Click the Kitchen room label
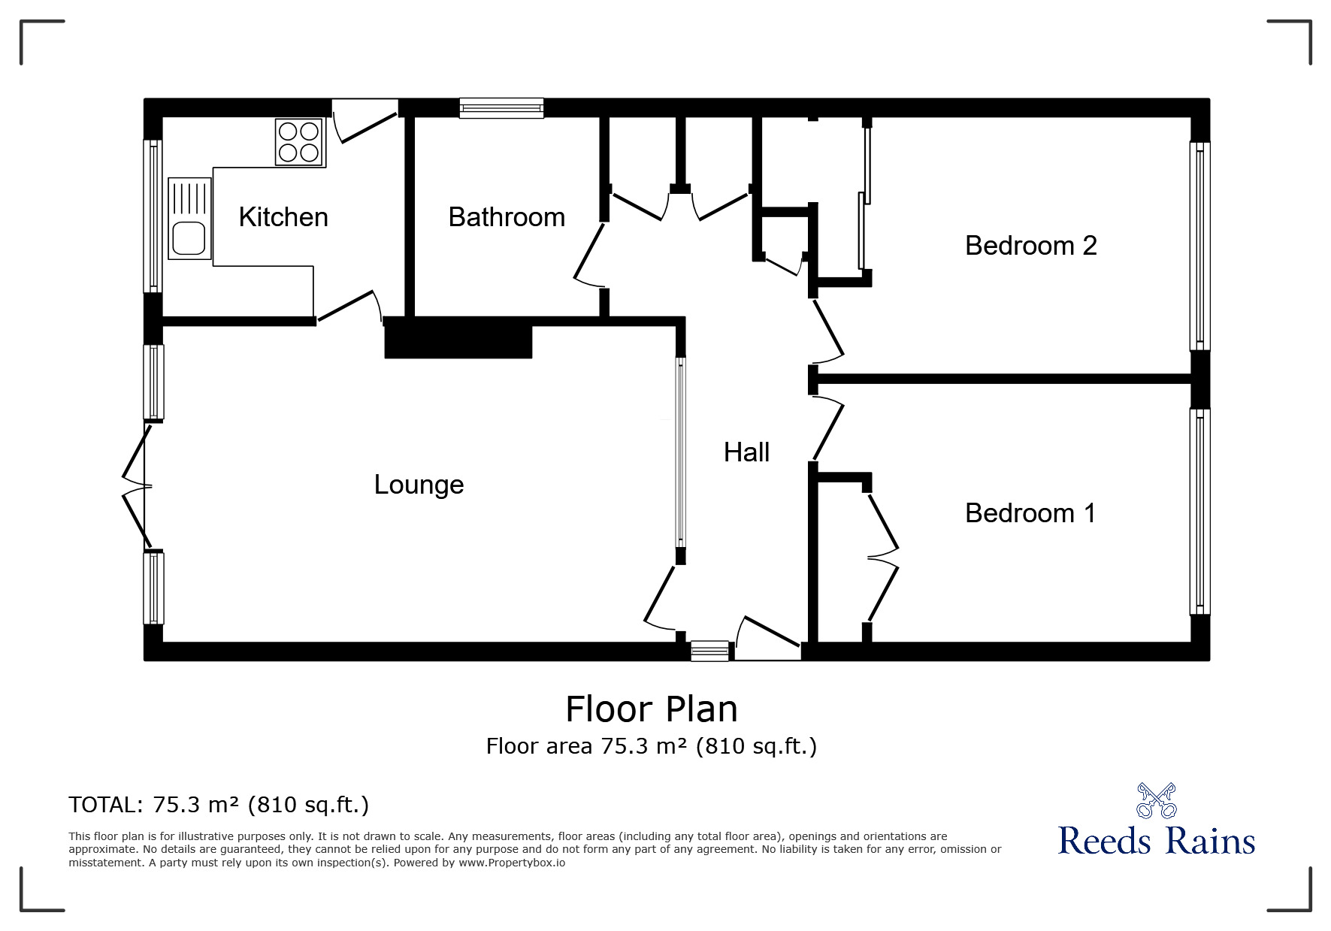[283, 217]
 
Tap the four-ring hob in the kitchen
[299, 142]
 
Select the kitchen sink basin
[189, 238]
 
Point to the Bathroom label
[507, 217]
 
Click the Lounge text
[419, 485]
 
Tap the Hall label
[746, 452]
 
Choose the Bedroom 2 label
[1031, 246]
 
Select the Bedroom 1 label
[1030, 513]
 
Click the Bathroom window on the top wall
[501, 108]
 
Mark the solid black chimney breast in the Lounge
[458, 337]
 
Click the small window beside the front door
[709, 651]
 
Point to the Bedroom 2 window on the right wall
[1199, 246]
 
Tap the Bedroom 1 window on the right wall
[1199, 512]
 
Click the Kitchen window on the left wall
[153, 216]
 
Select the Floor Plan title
[652, 709]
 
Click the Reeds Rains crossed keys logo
[1156, 800]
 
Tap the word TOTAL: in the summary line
[105, 805]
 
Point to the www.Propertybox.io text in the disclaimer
[512, 863]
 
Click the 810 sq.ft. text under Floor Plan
[756, 746]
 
